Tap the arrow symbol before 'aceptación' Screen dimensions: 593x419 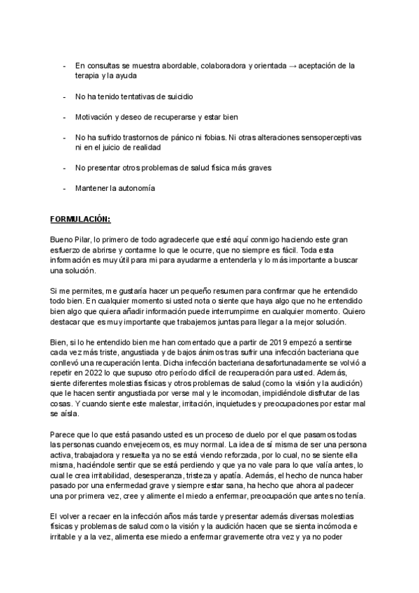coord(292,66)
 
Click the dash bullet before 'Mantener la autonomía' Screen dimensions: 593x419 coord(64,189)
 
